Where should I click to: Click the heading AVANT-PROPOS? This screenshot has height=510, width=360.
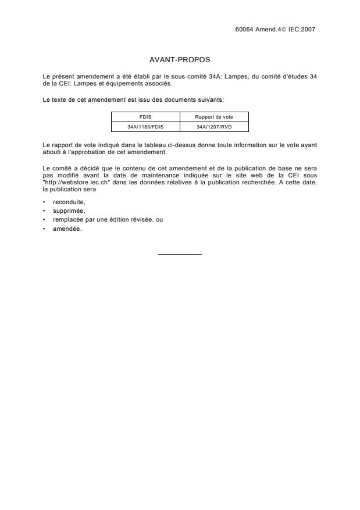tap(180, 60)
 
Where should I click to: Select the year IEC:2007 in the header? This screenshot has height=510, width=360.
tap(302, 28)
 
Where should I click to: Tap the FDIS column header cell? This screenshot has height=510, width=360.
tap(145, 117)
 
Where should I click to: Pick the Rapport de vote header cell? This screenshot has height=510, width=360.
tap(214, 117)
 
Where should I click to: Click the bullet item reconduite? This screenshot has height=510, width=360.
tap(69, 202)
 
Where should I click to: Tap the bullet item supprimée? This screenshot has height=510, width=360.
tap(69, 211)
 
